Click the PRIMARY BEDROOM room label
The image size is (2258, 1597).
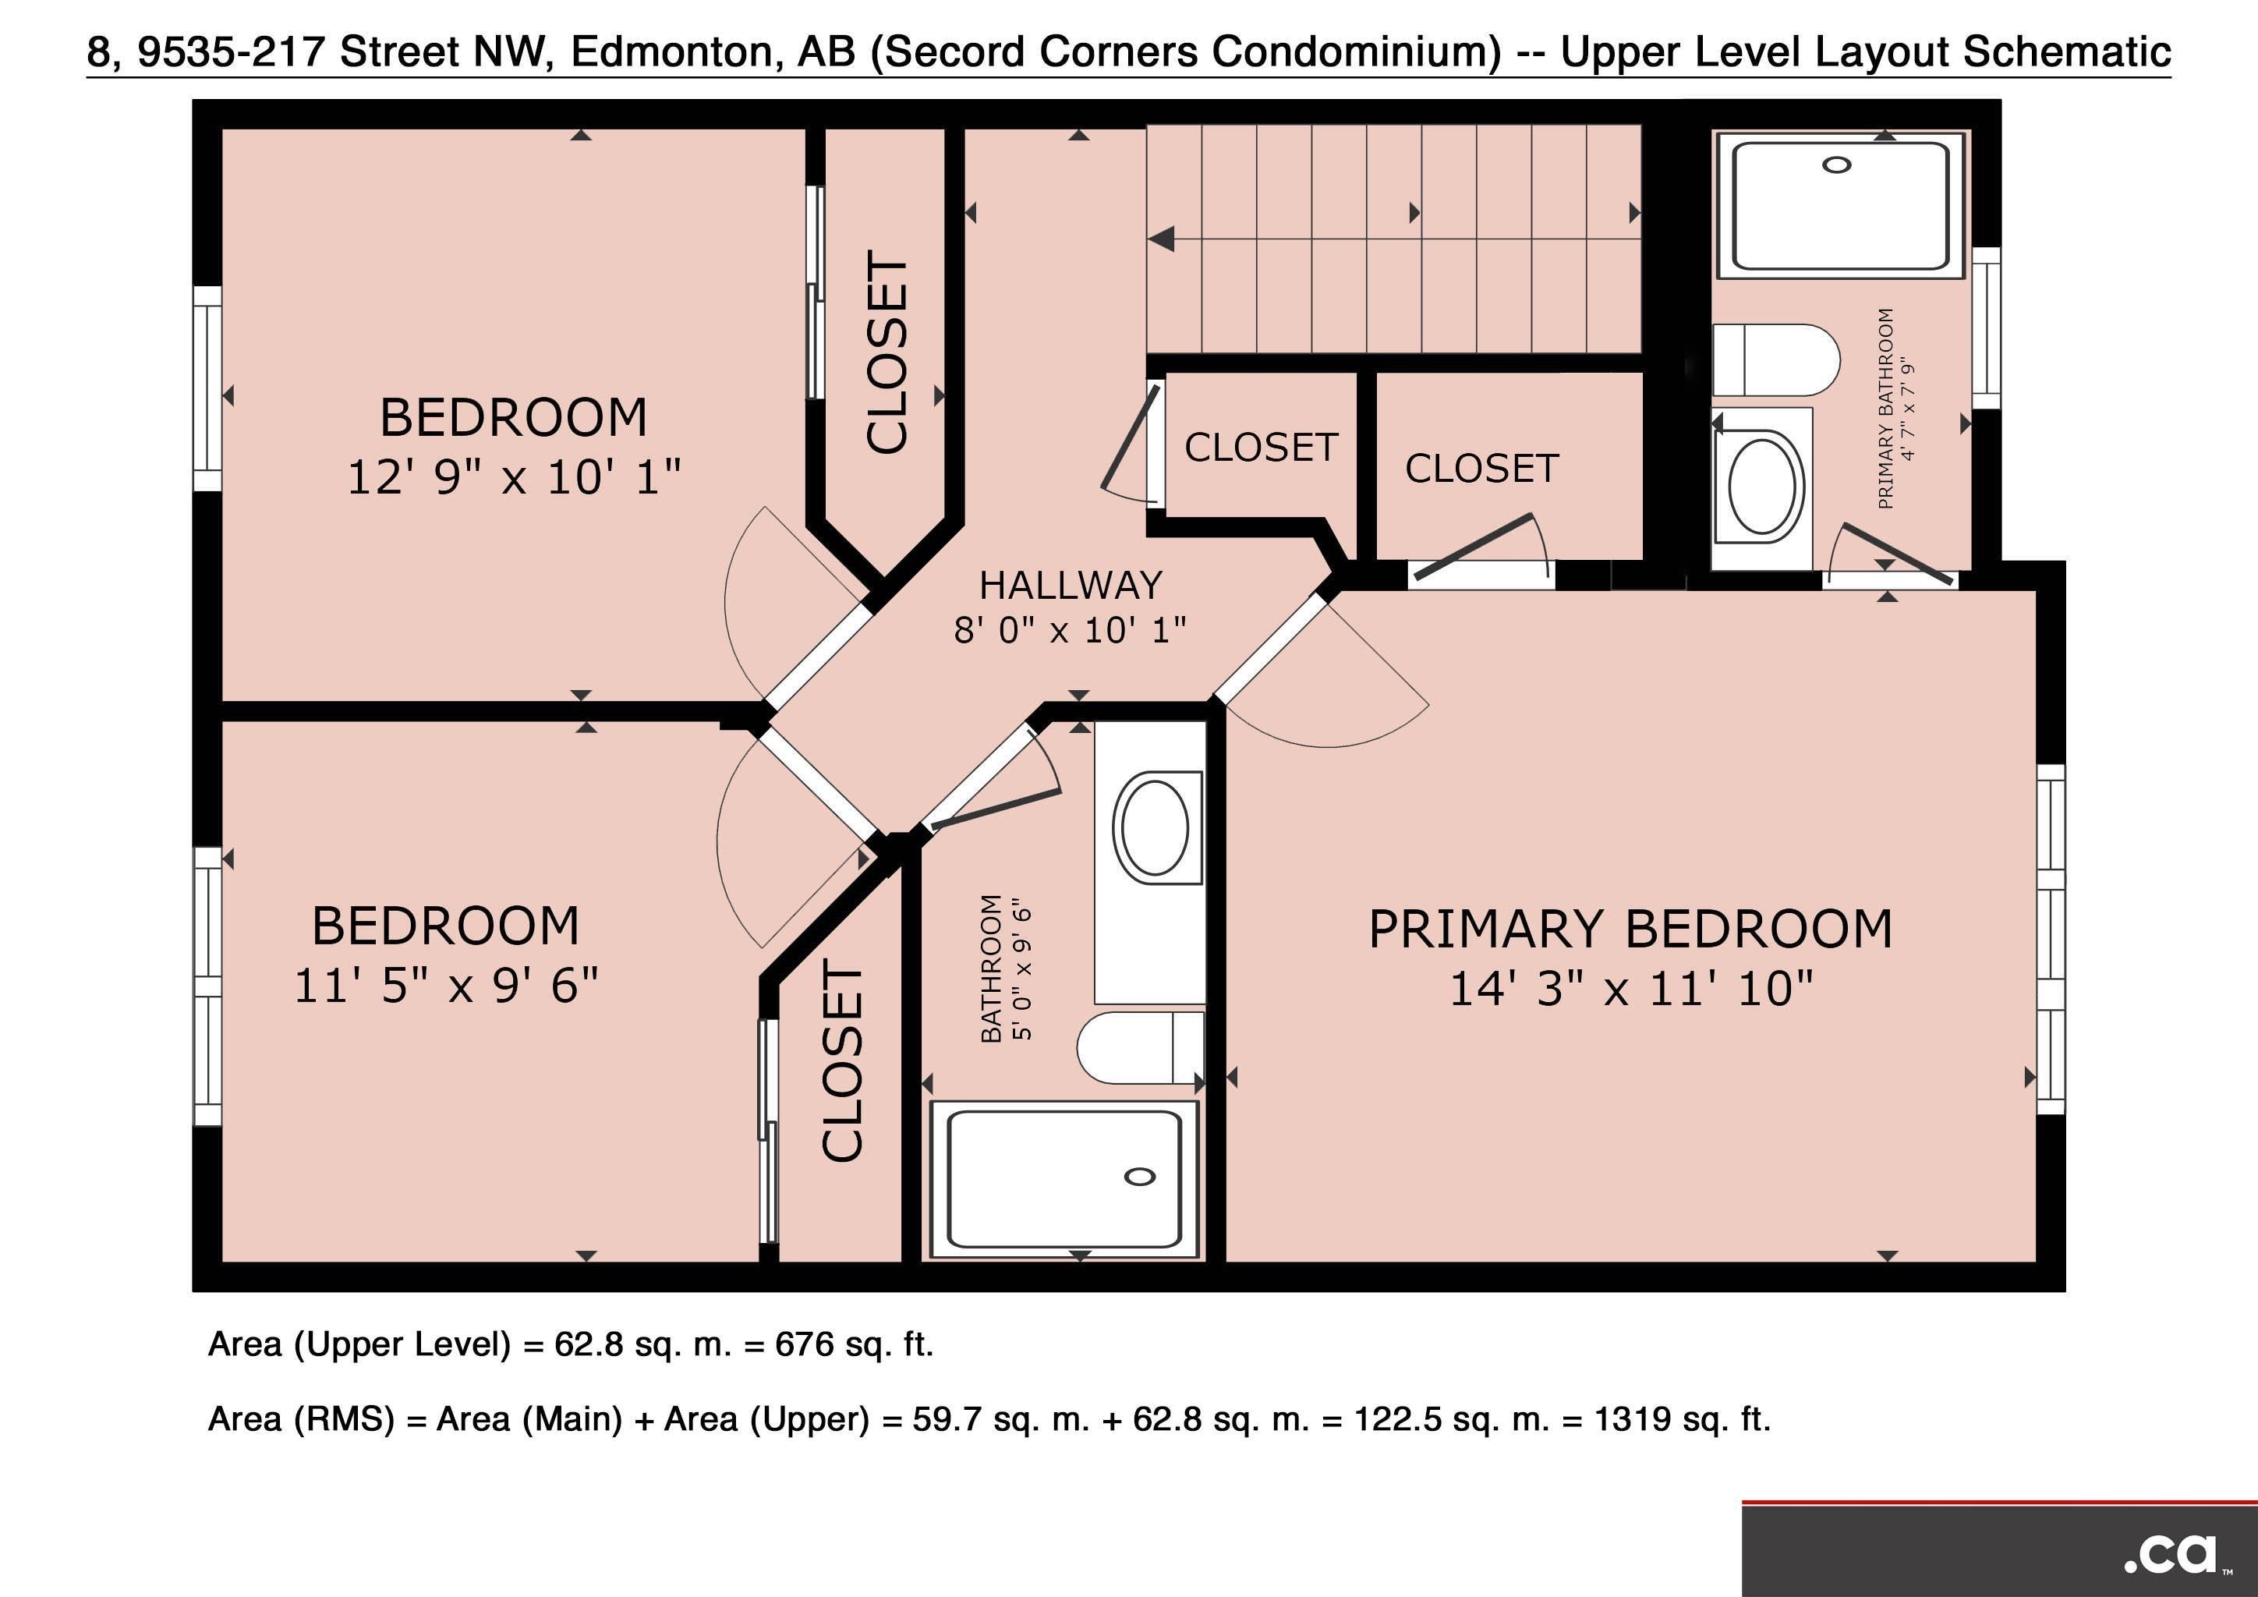1630,930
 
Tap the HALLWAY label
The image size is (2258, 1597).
1071,586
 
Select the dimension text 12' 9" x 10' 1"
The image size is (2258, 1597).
515,478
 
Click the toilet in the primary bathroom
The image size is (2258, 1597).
1776,360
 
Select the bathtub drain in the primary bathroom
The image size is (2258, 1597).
1836,165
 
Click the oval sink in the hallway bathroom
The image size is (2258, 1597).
1156,828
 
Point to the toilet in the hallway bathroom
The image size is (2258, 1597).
1141,1047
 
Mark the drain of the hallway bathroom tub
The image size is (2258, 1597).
1140,1177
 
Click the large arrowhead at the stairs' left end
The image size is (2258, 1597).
1162,239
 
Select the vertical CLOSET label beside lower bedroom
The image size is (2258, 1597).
842,1061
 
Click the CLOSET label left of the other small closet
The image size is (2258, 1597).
1261,448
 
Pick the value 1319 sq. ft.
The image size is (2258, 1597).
1682,1419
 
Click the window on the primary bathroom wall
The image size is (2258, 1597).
1987,328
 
